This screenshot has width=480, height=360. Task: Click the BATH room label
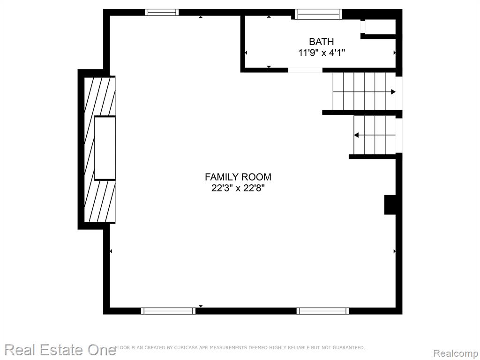321,41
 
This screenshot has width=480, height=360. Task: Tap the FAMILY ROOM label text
238,177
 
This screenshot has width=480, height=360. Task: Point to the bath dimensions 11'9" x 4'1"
322,53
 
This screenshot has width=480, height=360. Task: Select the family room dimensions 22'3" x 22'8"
238,188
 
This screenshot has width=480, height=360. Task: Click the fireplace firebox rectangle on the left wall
105,148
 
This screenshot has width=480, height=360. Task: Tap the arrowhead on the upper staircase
393,91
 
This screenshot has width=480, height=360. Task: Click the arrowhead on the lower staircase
356,135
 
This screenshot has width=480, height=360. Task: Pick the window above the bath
318,14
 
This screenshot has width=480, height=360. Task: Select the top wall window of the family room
162,12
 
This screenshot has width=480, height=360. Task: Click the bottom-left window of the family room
168,311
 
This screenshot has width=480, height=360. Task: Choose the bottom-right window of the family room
322,311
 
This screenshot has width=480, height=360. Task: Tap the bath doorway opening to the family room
305,70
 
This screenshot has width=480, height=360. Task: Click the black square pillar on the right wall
390,205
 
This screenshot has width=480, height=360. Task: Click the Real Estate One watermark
60,350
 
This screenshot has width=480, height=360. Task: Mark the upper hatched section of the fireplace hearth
100,96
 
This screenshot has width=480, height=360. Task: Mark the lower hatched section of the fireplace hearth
100,202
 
